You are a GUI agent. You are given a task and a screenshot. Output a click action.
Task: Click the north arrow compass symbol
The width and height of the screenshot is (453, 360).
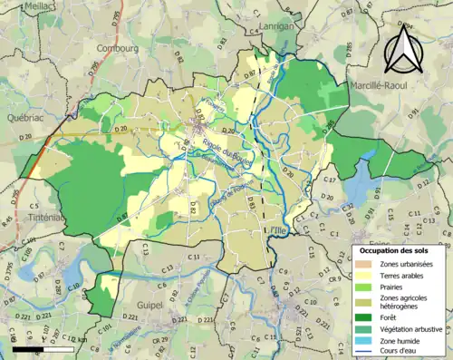[x=400, y=48]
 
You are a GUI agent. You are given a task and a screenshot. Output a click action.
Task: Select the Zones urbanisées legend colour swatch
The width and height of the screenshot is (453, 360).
[x=361, y=264]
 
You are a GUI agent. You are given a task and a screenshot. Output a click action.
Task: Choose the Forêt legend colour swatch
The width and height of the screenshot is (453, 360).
[x=361, y=316]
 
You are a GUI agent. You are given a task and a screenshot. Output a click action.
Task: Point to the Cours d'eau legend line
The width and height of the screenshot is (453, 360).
[x=361, y=353]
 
